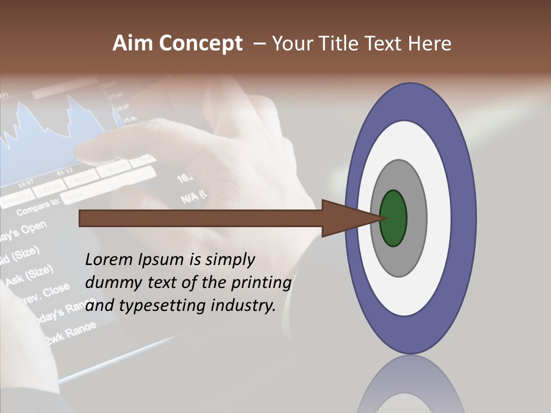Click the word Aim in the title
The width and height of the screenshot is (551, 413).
(x=130, y=44)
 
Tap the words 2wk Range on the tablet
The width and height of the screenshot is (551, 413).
(x=66, y=335)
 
